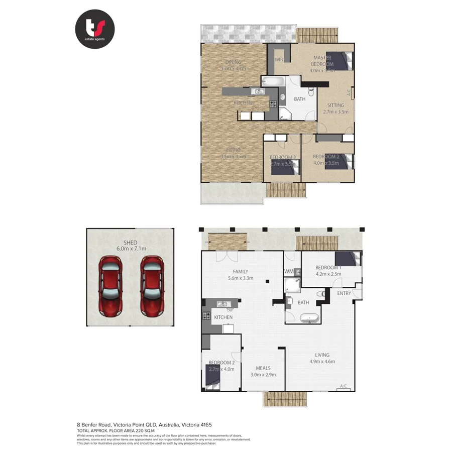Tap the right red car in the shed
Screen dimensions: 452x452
(x=151, y=286)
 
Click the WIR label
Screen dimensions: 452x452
(x=279, y=59)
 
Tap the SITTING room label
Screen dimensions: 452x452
(x=333, y=105)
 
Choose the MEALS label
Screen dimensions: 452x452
(x=263, y=367)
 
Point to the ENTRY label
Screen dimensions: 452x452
(x=344, y=293)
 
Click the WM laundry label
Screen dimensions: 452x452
(x=289, y=271)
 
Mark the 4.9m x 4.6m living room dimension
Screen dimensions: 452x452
(x=321, y=361)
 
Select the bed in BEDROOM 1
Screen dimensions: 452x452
(x=354, y=259)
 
